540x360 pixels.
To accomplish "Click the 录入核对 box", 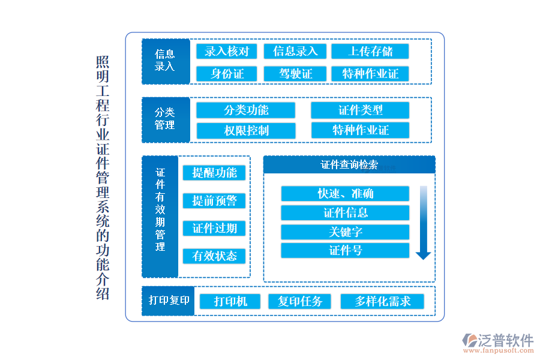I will (227, 52).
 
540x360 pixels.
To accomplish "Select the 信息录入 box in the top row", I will (295, 52).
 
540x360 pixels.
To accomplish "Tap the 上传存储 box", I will (370, 52).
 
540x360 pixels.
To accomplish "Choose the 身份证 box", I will (227, 74).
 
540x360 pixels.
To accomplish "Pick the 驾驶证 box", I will (295, 74).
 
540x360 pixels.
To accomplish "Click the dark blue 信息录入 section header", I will (165, 61).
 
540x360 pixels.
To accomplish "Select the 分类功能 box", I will (246, 110).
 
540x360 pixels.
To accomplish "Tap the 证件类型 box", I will (360, 110).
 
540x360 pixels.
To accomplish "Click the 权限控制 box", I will (246, 131).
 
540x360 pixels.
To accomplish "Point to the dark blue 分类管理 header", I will (165, 120).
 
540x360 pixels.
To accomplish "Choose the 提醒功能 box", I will (214, 173).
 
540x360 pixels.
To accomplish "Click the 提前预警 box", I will (214, 200).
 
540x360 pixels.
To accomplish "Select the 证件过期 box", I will (214, 228).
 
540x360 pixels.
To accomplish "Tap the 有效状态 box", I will (214, 256).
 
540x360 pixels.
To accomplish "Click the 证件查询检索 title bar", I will (349, 165).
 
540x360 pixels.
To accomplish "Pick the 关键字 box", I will (345, 232).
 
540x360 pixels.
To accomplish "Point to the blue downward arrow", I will (423, 223).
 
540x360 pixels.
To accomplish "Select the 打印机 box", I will (230, 301).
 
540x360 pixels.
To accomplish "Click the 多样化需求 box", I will (382, 301).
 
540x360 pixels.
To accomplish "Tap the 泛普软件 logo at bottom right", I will (498, 343).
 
